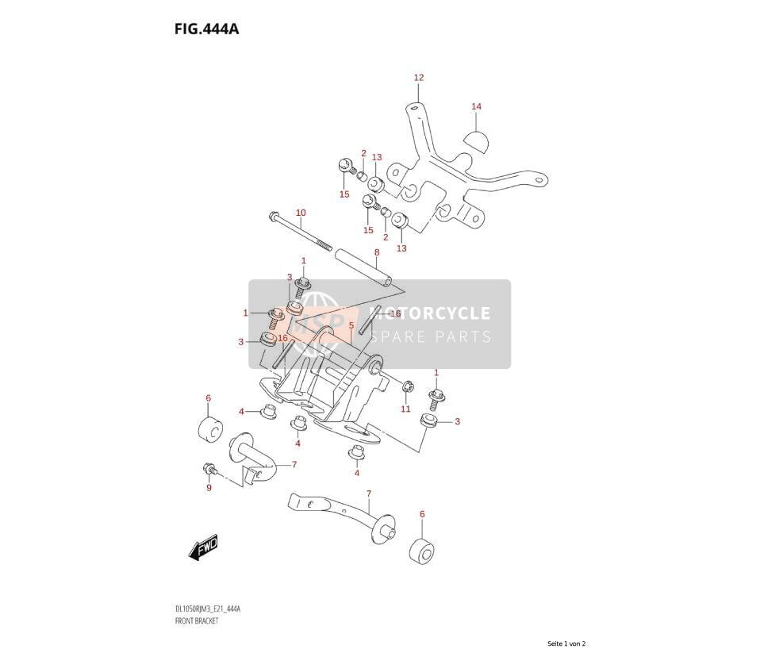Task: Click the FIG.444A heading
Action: click(206, 29)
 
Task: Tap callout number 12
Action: click(419, 78)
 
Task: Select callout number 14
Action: click(477, 106)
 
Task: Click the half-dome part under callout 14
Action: click(477, 141)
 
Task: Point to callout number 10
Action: click(301, 213)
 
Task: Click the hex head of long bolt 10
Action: click(274, 215)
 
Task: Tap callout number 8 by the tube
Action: click(377, 252)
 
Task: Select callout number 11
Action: click(405, 409)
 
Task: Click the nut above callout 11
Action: click(408, 386)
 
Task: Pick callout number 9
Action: click(209, 488)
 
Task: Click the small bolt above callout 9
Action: click(210, 469)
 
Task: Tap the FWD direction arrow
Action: click(203, 548)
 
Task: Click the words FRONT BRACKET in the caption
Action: click(196, 620)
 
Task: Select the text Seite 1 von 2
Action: click(566, 643)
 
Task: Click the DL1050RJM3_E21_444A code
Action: click(207, 609)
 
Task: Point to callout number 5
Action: click(351, 326)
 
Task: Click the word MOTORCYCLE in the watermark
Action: click(430, 313)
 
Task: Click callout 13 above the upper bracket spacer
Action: click(377, 157)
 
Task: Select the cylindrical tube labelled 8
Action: click(362, 269)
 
